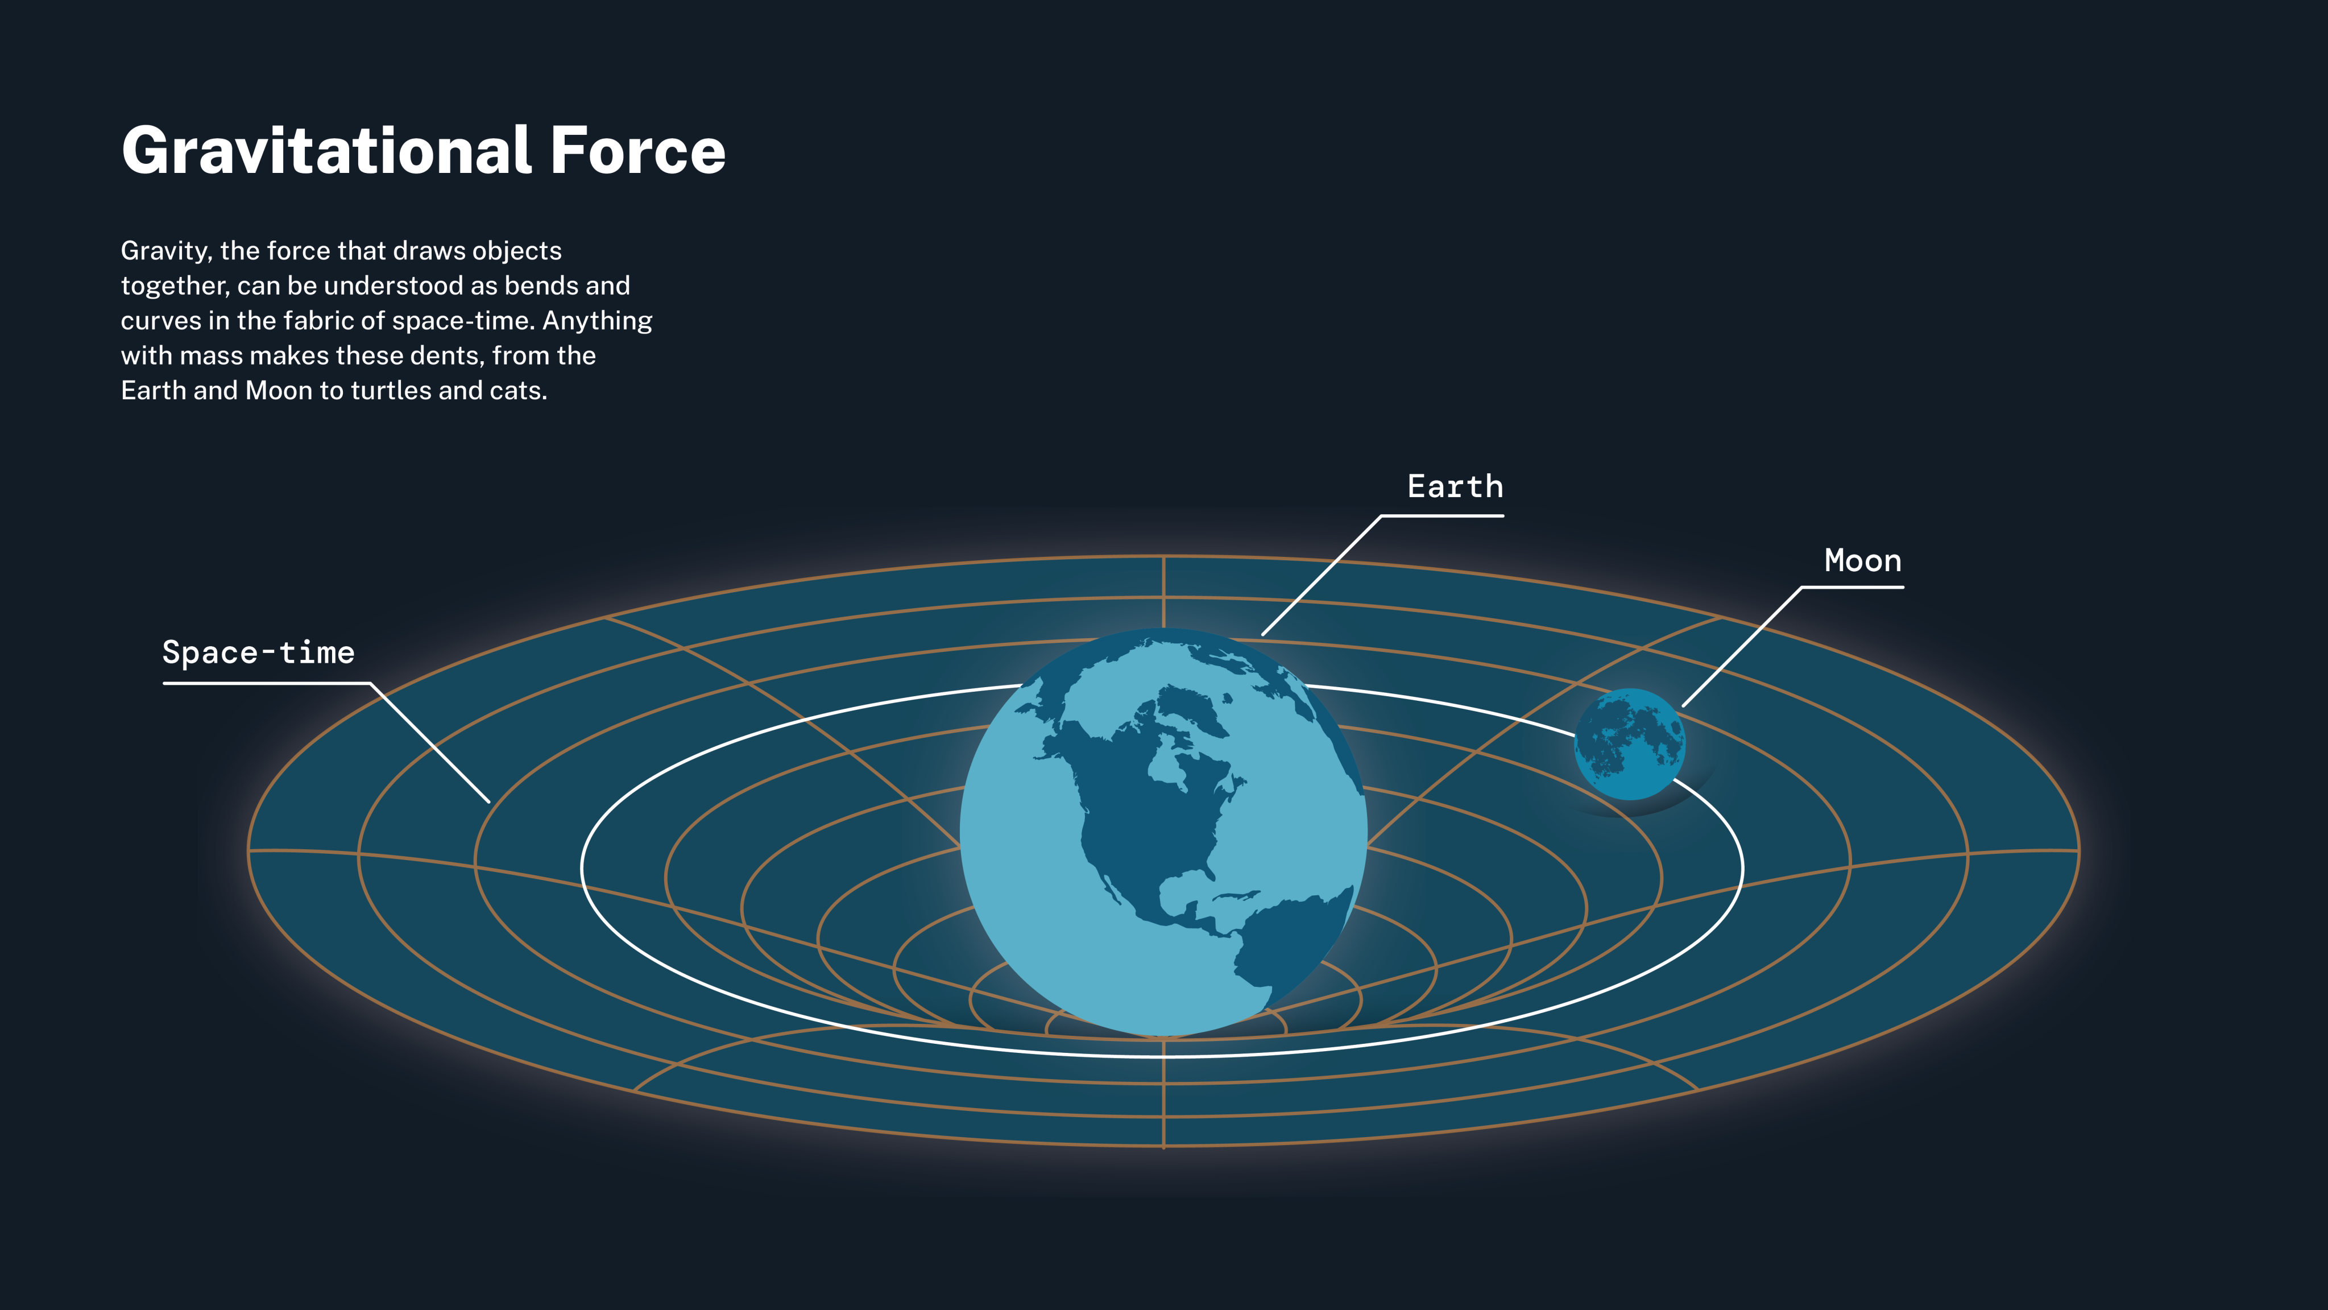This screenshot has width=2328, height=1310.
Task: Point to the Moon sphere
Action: click(x=1629, y=744)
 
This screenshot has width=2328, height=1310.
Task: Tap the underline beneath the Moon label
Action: click(x=1853, y=588)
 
